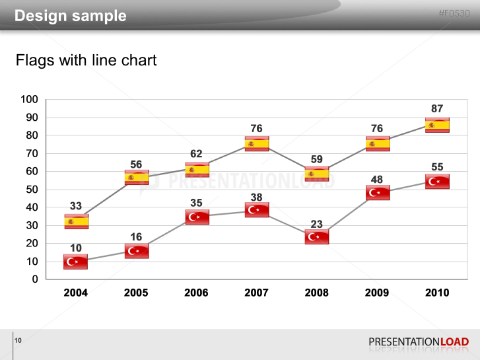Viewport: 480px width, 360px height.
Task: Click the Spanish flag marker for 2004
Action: [x=76, y=221]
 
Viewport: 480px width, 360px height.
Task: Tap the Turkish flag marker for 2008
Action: [x=317, y=237]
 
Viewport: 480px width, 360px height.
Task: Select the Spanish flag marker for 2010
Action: [x=437, y=125]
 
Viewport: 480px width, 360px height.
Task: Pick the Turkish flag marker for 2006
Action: [x=197, y=217]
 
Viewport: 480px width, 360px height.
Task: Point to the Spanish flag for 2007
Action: [x=257, y=144]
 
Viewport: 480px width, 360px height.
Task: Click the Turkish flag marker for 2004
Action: [x=76, y=262]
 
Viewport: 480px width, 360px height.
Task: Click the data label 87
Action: [x=437, y=109]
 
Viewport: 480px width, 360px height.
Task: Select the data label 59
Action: [x=317, y=159]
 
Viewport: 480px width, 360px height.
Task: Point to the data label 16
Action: [x=136, y=237]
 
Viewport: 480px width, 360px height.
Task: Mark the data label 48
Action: [x=377, y=180]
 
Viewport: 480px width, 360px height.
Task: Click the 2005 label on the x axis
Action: [x=136, y=293]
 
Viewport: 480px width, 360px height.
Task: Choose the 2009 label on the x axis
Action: [x=377, y=293]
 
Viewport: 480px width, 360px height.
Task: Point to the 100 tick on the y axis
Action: [x=30, y=100]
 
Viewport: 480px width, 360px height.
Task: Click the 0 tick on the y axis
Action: [x=35, y=279]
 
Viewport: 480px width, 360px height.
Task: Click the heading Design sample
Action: [x=71, y=16]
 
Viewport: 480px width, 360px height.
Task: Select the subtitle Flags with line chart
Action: [x=86, y=61]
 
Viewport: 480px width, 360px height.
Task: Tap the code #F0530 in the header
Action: [x=454, y=14]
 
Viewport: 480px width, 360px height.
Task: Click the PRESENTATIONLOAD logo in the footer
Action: [x=419, y=342]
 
